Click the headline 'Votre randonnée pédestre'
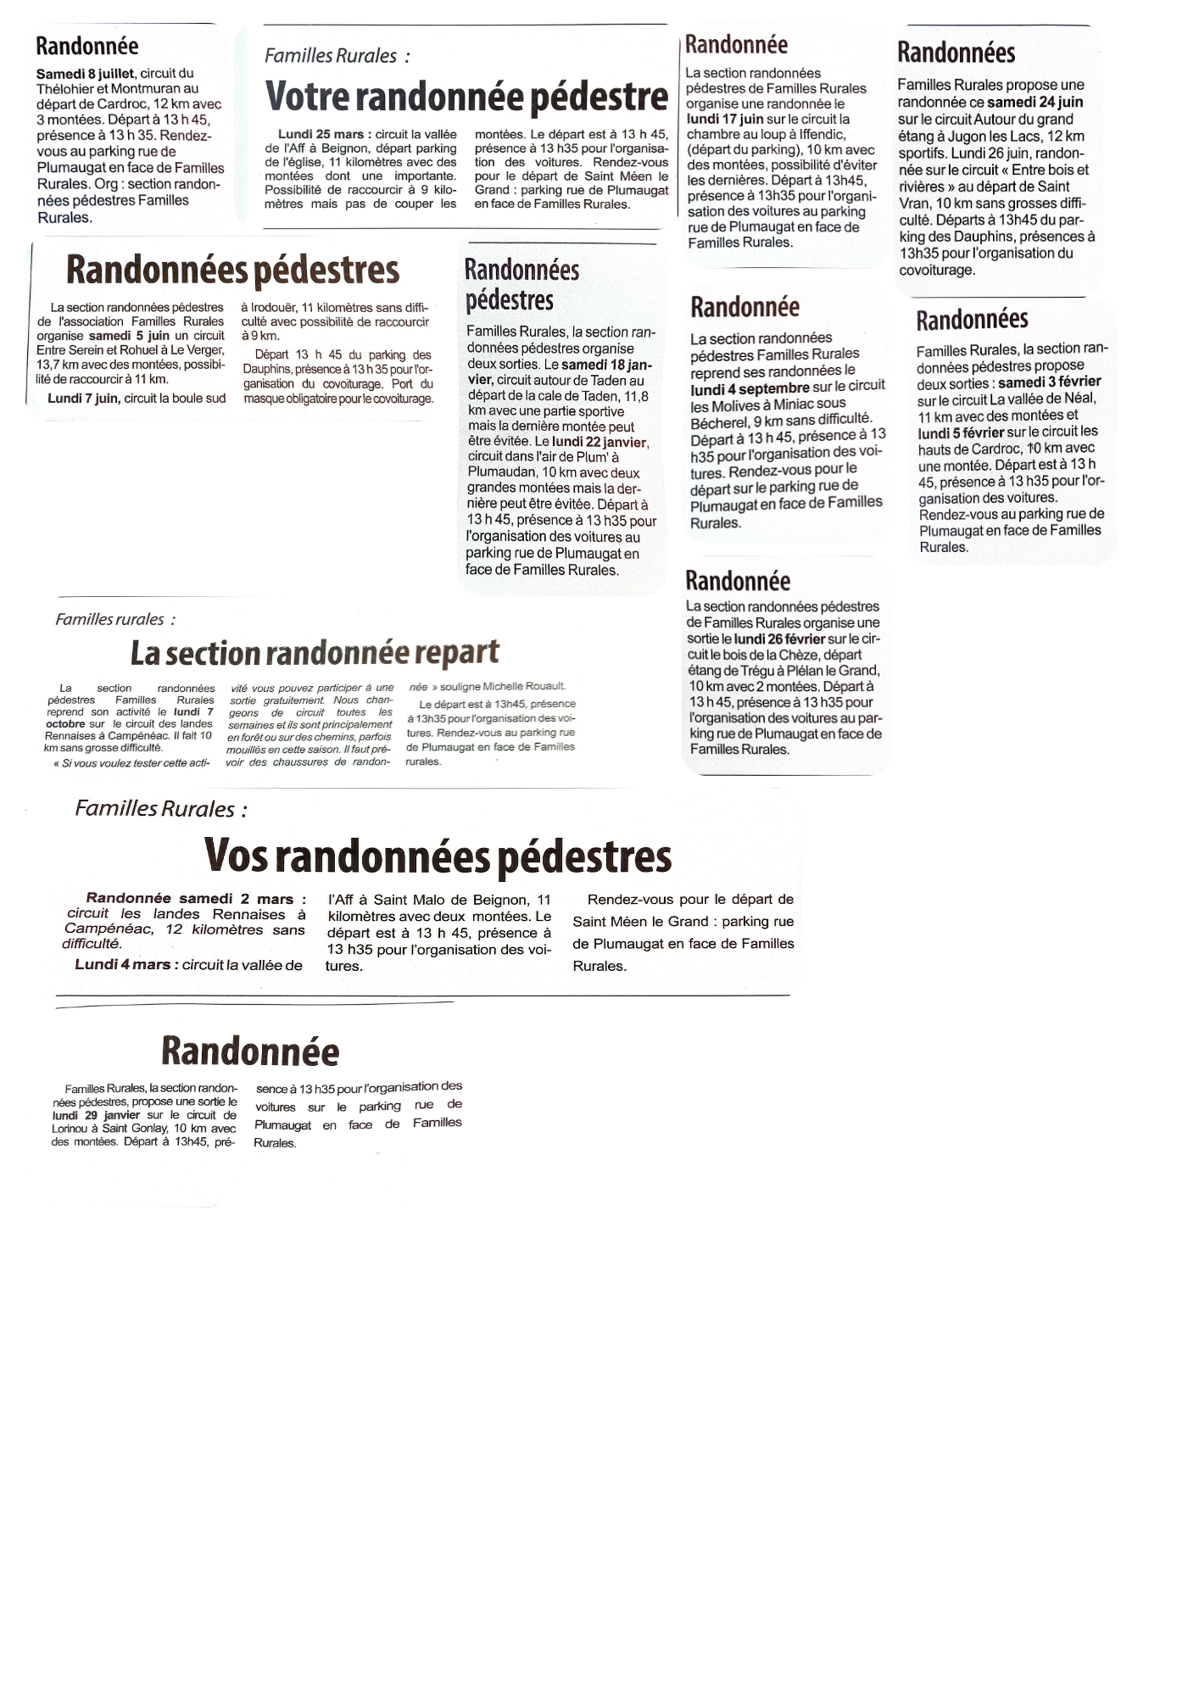(466, 97)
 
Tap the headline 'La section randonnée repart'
(315, 653)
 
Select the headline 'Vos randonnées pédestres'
(438, 856)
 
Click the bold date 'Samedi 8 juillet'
(85, 74)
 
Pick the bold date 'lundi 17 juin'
(725, 119)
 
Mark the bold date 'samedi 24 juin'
(1035, 102)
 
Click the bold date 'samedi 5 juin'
(129, 336)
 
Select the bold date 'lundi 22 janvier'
(599, 442)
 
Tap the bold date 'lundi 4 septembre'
(750, 388)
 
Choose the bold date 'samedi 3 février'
(1050, 382)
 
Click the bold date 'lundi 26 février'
(779, 639)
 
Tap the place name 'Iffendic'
(820, 134)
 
